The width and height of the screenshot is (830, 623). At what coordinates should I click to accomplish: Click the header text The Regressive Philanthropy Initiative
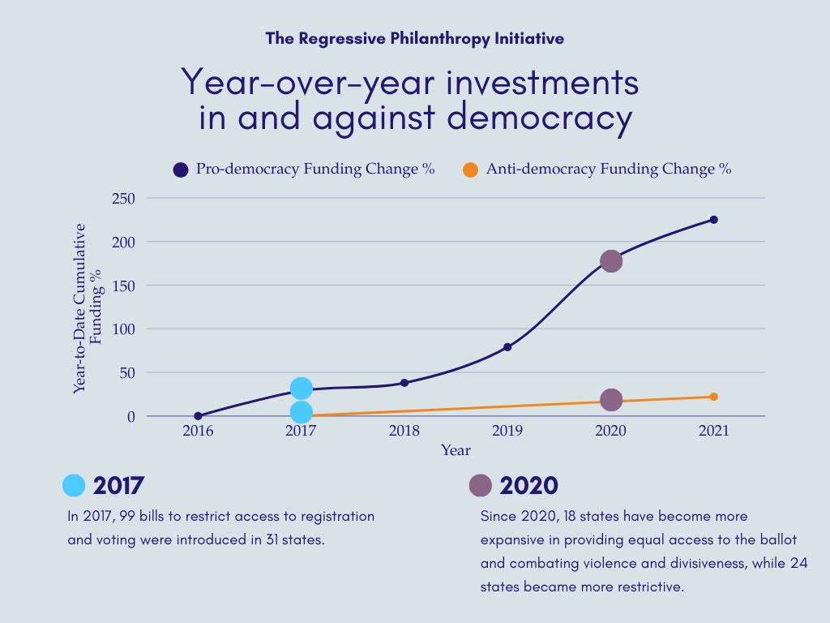coord(414,38)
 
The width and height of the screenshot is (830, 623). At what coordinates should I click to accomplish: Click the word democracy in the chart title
coord(539,118)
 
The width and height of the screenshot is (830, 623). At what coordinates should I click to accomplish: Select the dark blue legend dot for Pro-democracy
coord(181,170)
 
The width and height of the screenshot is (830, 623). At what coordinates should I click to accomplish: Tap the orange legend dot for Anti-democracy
coord(470,170)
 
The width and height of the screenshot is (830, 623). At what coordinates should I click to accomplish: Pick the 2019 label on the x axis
coord(507,431)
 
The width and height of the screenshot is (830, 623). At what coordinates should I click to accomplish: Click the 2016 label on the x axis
coord(198,431)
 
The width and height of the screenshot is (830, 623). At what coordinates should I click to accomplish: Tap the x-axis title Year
coord(456,450)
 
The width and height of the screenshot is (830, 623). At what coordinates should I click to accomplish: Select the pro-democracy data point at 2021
coord(714,220)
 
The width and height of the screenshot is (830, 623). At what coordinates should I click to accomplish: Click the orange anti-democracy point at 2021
coord(714,397)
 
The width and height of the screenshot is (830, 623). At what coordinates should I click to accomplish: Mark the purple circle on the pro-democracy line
coord(611,261)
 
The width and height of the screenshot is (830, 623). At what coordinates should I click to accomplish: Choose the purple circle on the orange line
coord(611,400)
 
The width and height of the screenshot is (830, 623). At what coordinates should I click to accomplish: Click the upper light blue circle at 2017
coord(301,389)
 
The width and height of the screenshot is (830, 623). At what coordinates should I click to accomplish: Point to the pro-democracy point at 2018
coord(404,383)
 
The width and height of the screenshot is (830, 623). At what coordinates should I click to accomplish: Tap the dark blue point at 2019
coord(507,347)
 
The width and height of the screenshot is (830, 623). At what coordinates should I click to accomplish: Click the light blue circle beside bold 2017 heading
coord(74,485)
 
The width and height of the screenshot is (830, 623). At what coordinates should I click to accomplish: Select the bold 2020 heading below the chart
coord(528,485)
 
